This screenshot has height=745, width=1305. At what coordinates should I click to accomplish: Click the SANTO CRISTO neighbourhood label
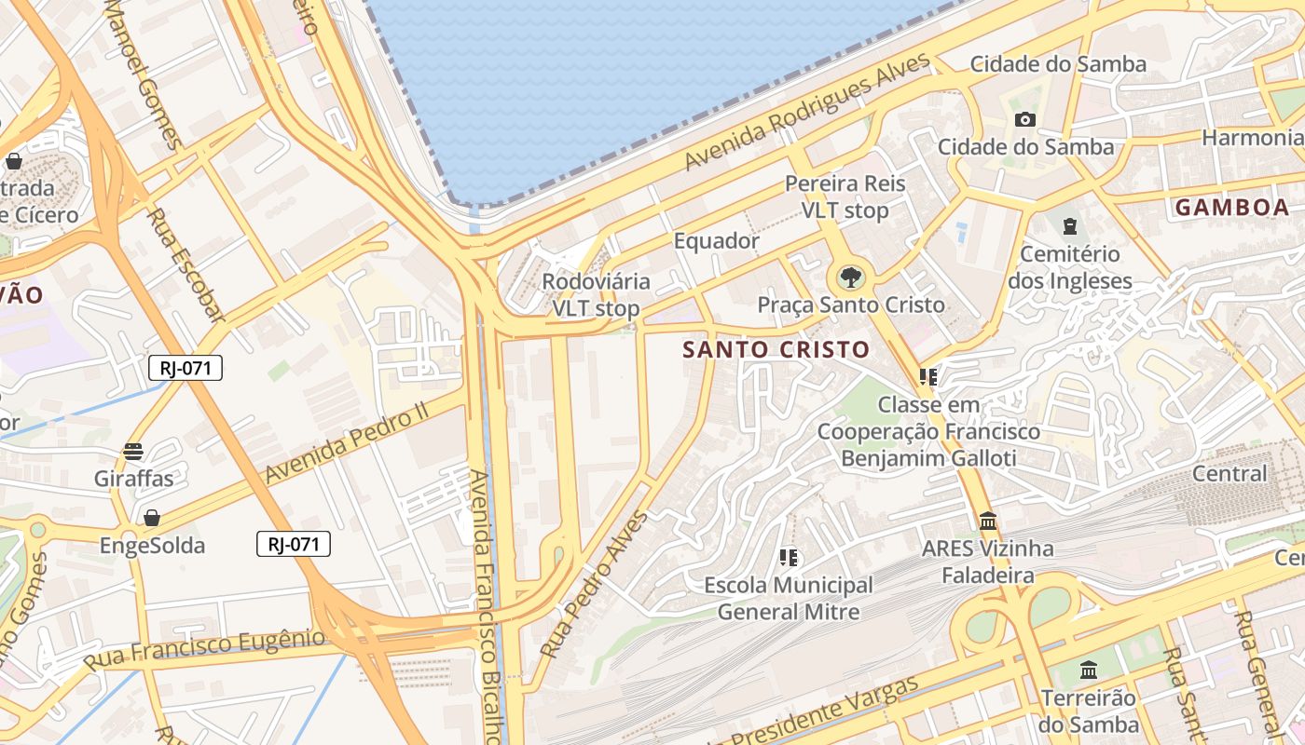776,350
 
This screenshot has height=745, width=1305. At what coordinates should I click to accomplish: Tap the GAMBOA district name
1231,208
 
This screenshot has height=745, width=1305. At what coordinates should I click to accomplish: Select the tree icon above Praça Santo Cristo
850,277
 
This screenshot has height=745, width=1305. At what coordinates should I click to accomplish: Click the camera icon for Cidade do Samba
1025,119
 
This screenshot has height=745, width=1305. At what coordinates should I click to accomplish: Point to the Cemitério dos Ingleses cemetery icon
1070,226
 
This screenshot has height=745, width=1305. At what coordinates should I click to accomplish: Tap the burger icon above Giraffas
133,452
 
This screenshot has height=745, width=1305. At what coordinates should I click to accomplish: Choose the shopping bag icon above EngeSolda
151,518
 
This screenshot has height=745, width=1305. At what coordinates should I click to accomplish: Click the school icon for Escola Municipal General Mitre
789,558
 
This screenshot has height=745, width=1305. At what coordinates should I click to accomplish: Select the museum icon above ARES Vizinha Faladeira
988,521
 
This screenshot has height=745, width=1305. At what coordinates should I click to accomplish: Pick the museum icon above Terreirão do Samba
1088,670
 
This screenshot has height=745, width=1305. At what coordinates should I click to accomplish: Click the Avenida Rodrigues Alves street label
807,112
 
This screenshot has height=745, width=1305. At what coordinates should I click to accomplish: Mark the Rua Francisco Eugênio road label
204,649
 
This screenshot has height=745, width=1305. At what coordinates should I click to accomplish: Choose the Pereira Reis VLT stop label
845,196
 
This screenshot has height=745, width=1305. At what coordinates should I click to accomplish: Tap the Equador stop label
716,241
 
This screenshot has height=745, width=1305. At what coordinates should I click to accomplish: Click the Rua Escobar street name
186,266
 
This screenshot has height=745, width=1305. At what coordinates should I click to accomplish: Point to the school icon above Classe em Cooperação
927,377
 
